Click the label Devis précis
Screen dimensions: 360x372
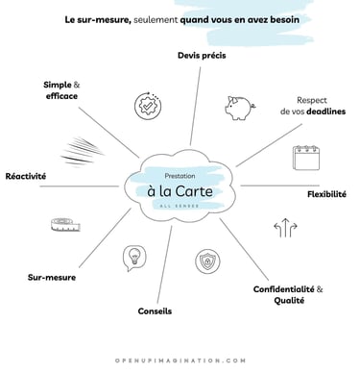click(x=201, y=55)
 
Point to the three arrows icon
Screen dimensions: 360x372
click(x=286, y=229)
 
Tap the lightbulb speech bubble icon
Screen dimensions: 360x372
click(x=134, y=257)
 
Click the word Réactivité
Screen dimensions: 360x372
click(x=26, y=177)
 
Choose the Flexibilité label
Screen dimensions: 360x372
click(x=326, y=193)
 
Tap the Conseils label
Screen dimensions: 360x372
click(x=155, y=310)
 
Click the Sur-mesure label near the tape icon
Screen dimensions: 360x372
click(x=51, y=277)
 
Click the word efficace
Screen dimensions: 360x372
click(x=60, y=97)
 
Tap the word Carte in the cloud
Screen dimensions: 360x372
click(x=202, y=190)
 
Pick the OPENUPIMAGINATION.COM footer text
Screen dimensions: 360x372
click(x=180, y=360)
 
